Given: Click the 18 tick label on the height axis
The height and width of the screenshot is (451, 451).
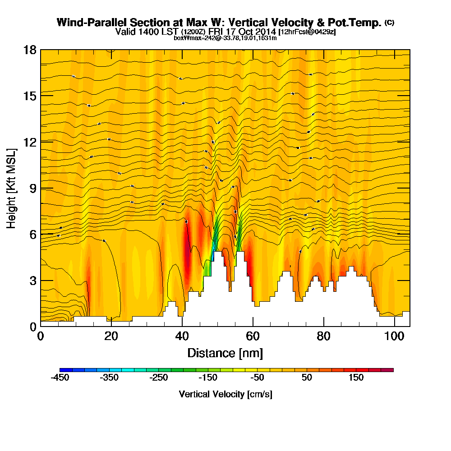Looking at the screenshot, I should tap(30, 50).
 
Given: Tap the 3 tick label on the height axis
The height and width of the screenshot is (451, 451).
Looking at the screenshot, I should tap(33, 280).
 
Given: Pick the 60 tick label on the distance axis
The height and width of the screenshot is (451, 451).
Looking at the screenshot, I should tap(253, 336).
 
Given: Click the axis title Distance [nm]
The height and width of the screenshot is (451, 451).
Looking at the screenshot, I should tap(225, 353).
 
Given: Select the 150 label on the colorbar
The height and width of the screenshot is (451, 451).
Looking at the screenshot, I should tap(356, 378).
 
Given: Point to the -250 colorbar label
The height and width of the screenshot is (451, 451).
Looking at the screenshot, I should tap(158, 378).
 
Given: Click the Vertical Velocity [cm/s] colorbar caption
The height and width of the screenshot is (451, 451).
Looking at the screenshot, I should tap(225, 394).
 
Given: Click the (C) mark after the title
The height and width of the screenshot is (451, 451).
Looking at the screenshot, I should tap(389, 22).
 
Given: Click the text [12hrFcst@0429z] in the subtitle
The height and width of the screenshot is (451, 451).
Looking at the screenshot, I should tap(307, 32).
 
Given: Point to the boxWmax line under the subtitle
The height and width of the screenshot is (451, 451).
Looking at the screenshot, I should tap(225, 38).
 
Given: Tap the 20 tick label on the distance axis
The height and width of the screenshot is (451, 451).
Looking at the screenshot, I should tap(111, 336).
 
